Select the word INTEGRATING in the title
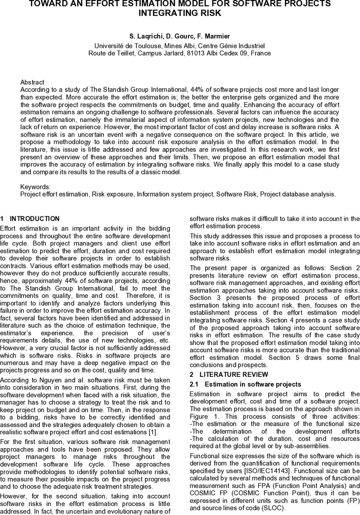[x=165, y=13]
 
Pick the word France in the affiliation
[x=261, y=53]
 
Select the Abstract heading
[x=32, y=82]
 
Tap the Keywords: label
[x=35, y=187]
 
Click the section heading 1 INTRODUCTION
[x=30, y=219]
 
